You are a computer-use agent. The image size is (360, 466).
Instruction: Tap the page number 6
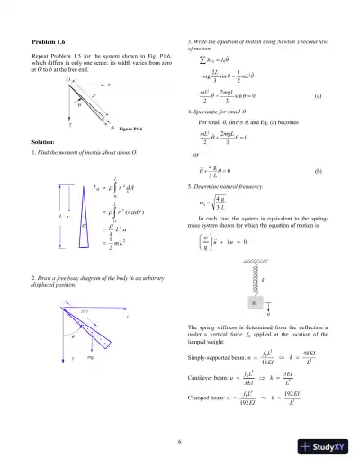[x=180, y=441]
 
